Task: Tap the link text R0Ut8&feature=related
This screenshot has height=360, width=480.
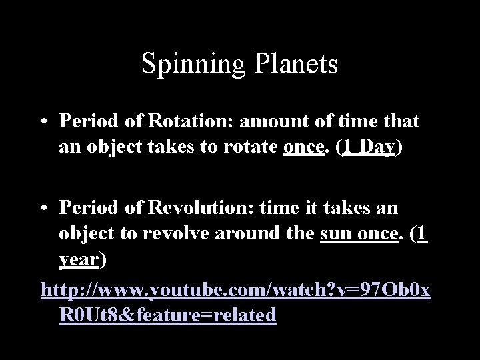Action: click(167, 315)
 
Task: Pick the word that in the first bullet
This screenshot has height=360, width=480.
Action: click(398, 121)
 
